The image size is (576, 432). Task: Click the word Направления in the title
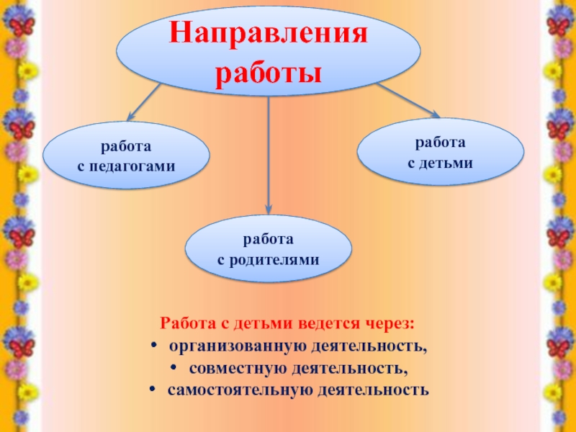click(x=269, y=35)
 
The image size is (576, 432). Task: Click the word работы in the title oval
click(x=269, y=73)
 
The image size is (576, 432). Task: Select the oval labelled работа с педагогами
click(x=126, y=156)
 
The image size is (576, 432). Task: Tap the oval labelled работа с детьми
click(x=441, y=153)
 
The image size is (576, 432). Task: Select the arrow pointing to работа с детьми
click(x=407, y=100)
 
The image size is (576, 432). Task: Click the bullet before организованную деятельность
click(x=156, y=347)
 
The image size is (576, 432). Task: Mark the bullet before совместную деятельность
click(x=176, y=369)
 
